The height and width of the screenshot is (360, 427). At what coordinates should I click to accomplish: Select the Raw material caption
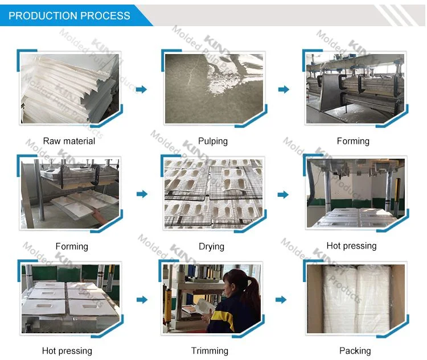[69, 141]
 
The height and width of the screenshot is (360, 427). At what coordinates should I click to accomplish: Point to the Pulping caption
[213, 141]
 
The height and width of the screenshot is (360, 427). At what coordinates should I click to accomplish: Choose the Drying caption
[211, 246]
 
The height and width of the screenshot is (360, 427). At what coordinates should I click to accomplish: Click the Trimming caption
[210, 350]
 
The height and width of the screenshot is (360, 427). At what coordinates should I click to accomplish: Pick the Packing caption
[355, 350]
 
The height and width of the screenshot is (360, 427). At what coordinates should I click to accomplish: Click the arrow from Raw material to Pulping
[141, 89]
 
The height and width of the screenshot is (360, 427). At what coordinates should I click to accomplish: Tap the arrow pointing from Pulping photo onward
[283, 89]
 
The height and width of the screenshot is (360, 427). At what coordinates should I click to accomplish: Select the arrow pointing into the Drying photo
[141, 194]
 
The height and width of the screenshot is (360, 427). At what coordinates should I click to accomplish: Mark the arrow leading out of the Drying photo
[283, 194]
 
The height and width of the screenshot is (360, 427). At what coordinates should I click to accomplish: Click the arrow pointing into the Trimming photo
[141, 299]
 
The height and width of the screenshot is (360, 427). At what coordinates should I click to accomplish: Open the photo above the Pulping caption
[213, 89]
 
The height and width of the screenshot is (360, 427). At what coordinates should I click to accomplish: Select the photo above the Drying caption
[213, 193]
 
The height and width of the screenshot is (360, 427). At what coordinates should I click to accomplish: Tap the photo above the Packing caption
[356, 299]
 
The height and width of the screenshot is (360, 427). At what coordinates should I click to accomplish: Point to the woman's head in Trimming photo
[239, 281]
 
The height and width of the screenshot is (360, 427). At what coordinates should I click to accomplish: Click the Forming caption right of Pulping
[353, 141]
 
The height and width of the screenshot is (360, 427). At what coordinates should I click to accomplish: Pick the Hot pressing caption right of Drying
[351, 246]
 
